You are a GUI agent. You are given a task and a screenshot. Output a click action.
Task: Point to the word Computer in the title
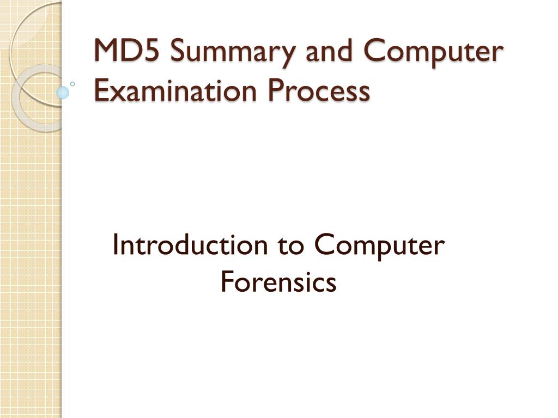433,53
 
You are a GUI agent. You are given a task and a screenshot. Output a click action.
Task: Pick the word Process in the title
326,91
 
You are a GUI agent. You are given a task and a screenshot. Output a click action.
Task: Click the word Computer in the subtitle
379,247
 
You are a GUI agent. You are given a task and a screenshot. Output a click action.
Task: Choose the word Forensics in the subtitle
278,282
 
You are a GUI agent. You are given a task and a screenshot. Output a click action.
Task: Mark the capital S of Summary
177,52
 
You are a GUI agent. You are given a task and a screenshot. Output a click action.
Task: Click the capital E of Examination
100,91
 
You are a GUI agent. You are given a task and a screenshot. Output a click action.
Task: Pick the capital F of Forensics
227,282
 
